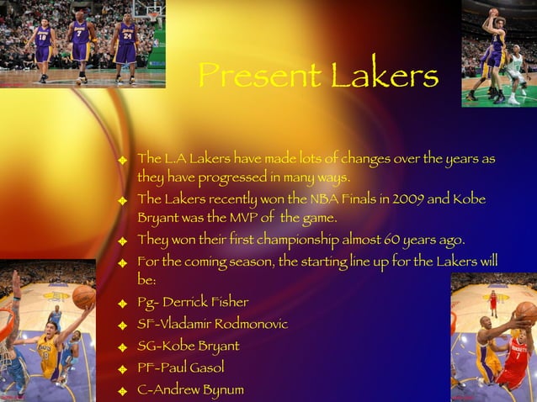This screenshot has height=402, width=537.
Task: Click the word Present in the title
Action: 258,77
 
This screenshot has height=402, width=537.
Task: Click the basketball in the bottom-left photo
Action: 83,295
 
